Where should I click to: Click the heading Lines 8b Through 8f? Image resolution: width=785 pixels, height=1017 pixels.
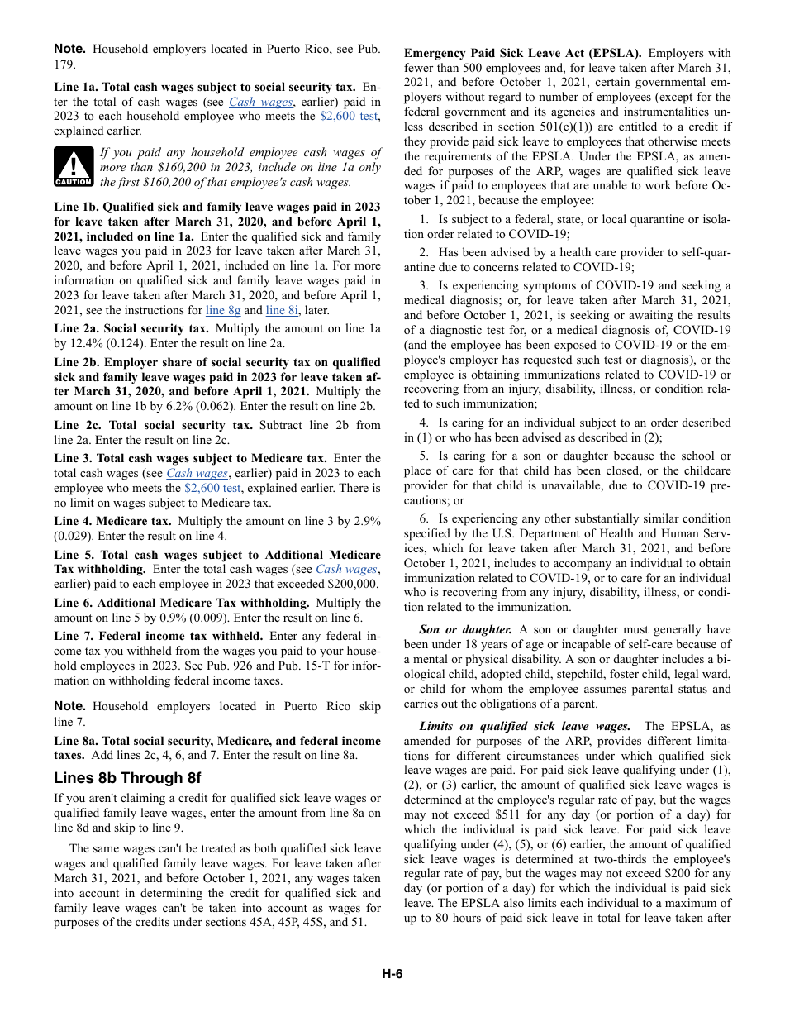127,778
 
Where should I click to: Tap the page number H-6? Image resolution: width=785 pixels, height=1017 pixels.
392,973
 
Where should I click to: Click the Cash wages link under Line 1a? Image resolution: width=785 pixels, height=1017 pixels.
260,102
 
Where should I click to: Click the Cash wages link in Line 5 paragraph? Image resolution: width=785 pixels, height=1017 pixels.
346,569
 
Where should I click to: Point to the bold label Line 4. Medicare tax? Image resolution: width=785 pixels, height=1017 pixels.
112,521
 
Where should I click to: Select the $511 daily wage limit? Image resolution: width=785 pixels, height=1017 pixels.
507,814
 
